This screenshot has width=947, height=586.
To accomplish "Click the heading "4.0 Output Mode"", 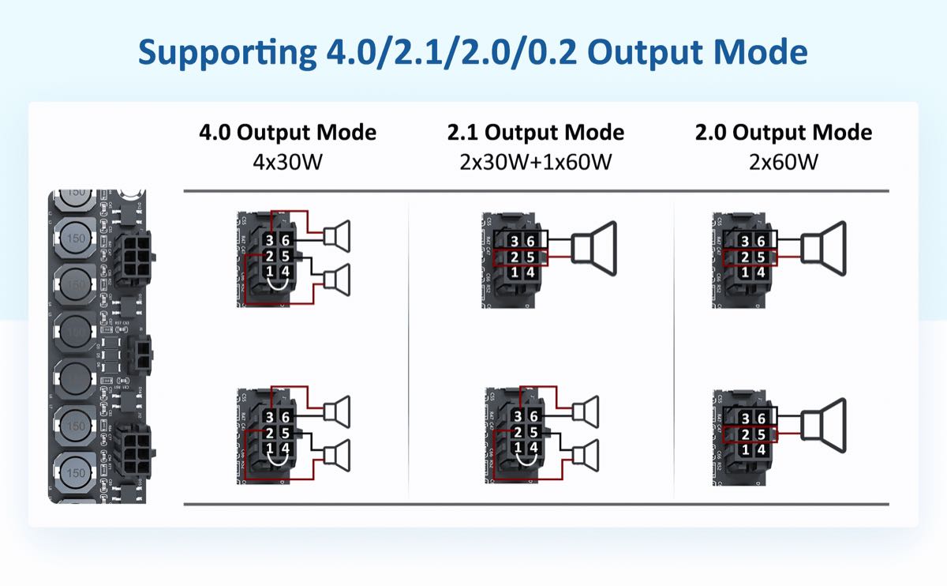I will tap(287, 132).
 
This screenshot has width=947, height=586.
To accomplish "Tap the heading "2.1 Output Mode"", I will tap(536, 132).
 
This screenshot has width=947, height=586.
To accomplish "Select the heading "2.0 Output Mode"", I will tap(784, 132).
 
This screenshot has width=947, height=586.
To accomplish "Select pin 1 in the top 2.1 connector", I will tap(515, 272).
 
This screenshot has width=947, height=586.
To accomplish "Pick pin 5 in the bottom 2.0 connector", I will tap(760, 433).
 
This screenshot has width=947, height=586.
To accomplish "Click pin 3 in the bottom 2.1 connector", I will tap(517, 417).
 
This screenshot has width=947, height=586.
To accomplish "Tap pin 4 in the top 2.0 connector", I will tap(760, 272).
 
